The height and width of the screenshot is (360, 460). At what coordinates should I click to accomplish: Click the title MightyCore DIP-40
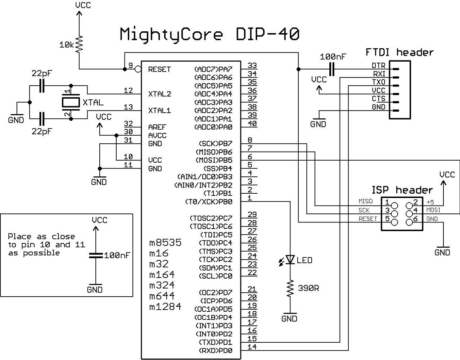(209, 35)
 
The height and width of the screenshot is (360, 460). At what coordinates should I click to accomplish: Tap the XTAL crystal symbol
(71, 103)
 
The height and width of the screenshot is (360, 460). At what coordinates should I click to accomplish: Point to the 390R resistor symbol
(290, 288)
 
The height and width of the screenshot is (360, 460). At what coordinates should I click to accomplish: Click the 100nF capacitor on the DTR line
(332, 69)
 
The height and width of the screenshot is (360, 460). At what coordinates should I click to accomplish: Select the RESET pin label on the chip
(159, 69)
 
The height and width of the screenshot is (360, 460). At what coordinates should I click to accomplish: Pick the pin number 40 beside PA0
(252, 123)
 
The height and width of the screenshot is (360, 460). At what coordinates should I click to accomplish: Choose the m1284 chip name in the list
(165, 307)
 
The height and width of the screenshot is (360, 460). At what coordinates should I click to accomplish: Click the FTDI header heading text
(400, 52)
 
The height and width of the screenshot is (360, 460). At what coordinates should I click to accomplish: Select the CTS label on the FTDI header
(378, 99)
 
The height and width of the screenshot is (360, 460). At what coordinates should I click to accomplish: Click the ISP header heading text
(402, 190)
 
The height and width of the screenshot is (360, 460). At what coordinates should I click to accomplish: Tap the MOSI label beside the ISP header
(433, 210)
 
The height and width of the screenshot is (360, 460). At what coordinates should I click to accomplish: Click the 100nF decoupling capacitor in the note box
(96, 256)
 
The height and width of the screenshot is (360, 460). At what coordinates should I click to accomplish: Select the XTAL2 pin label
(159, 94)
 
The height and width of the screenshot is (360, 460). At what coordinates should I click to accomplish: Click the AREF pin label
(157, 127)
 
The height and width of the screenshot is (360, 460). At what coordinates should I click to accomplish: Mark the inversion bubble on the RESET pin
(137, 69)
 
